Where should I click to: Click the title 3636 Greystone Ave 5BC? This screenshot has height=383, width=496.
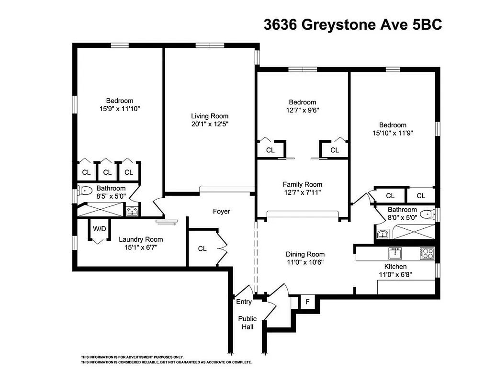coord(352,24)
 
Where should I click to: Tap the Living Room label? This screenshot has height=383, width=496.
coord(210,116)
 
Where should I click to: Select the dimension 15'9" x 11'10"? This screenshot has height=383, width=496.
coord(119,109)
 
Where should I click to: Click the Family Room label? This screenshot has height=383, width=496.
coord(302,184)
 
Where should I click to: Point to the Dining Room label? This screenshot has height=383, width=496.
coord(305,254)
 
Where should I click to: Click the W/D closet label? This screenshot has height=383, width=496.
coord(99,229)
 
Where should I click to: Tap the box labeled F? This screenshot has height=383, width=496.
coord(307,302)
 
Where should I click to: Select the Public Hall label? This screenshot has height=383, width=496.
coord(248,323)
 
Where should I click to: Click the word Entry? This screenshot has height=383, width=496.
coord(244,302)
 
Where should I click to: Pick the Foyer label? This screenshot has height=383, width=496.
coord(221,211)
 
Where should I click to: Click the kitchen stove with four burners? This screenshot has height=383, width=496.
coord(427,253)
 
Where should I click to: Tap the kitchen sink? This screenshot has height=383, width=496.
coord(395,252)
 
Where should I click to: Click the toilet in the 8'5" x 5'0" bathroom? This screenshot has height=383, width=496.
coord(85,191)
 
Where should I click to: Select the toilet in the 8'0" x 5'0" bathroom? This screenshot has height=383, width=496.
coord(426,214)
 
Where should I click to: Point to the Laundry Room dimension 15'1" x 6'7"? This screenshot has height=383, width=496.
coord(140,247)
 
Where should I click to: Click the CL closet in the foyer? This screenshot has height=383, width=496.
coord(202,248)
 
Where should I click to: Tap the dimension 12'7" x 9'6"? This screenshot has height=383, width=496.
coord(302,110)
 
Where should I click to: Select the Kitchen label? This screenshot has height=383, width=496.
coord(395,267)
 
